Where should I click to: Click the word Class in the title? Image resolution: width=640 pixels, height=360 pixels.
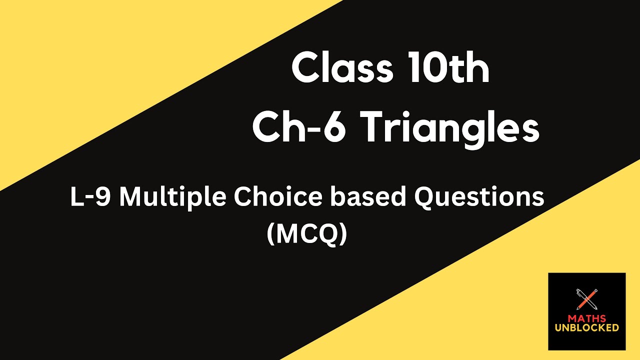pyautogui.click(x=342, y=69)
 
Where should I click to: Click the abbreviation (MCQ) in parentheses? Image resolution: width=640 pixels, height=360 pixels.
pyautogui.click(x=306, y=234)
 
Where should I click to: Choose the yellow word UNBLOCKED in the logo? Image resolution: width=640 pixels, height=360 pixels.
pyautogui.click(x=586, y=328)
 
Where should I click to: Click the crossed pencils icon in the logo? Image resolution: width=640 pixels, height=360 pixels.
pyautogui.click(x=587, y=299)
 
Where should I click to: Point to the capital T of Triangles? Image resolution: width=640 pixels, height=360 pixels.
pyautogui.click(x=375, y=128)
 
